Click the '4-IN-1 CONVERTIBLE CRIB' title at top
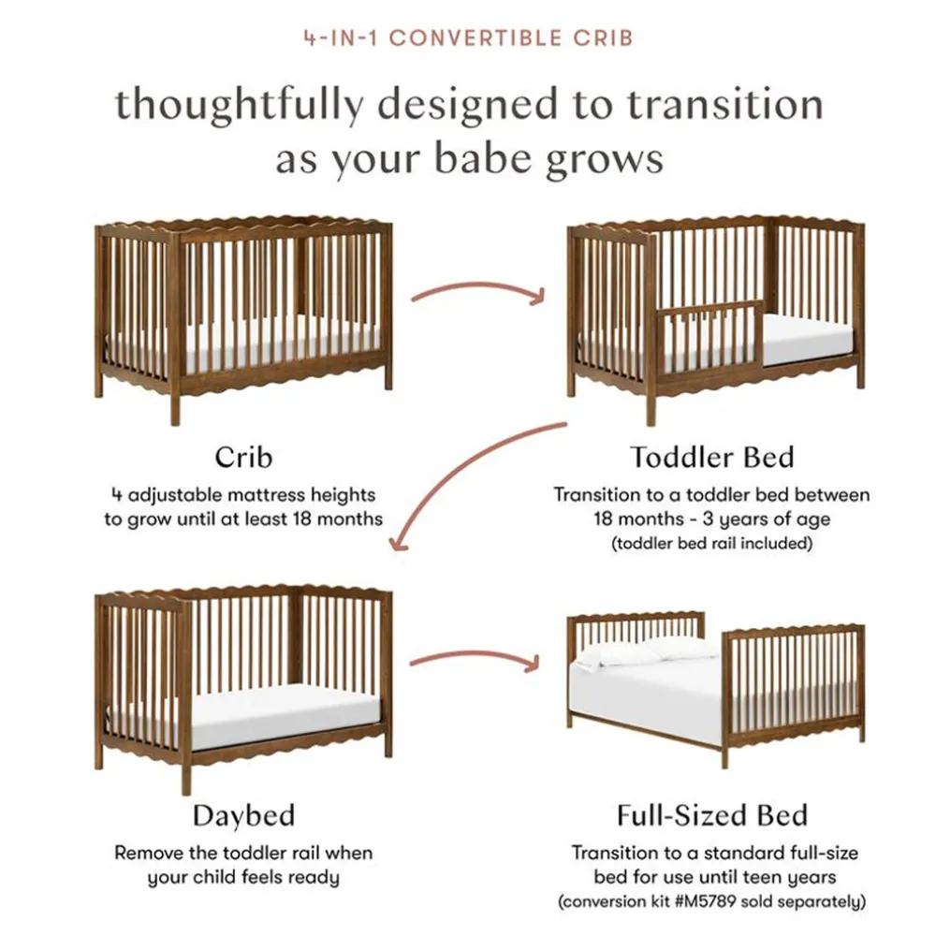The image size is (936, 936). (469, 38)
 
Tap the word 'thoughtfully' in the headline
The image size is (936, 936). (239, 106)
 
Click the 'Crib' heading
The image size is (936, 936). (243, 458)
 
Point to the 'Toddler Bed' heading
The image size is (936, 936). (712, 458)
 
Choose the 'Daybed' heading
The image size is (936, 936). (243, 816)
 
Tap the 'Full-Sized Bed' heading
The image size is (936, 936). (712, 815)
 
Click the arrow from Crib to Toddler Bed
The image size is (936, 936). (477, 287)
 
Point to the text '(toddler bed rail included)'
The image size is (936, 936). (712, 543)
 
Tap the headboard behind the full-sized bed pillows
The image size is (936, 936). (636, 633)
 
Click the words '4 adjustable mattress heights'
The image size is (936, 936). (243, 495)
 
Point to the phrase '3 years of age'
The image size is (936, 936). (767, 519)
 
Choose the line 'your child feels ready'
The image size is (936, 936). (243, 878)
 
